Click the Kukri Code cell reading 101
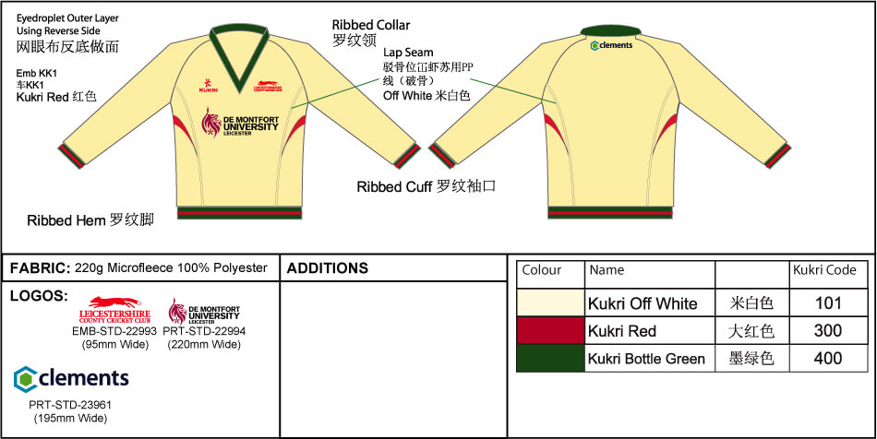coord(828,303)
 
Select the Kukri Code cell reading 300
coord(828,331)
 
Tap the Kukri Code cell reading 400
coord(828,359)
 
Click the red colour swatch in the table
coord(550,331)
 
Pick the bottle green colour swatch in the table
coord(550,359)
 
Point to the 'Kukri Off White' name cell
coord(643,303)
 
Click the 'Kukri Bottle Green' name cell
coord(646,359)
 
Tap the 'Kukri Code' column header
coord(824,271)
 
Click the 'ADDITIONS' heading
coord(328,269)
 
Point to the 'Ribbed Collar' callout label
coord(371,25)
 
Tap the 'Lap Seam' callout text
coord(408,53)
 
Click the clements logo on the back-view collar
coord(610,44)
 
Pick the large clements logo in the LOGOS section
coord(71,378)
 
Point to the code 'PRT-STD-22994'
coord(204,332)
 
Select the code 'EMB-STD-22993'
coord(114,332)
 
